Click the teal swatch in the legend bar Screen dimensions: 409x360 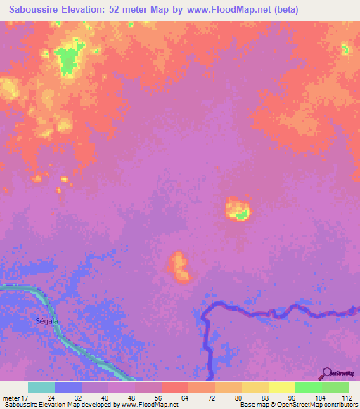(x=41, y=387)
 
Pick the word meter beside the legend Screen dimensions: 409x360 (x=12, y=398)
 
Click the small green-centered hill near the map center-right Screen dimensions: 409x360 (x=239, y=210)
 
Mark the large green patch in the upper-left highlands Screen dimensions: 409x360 (x=68, y=59)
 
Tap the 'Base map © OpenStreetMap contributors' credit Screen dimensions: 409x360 (x=297, y=405)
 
